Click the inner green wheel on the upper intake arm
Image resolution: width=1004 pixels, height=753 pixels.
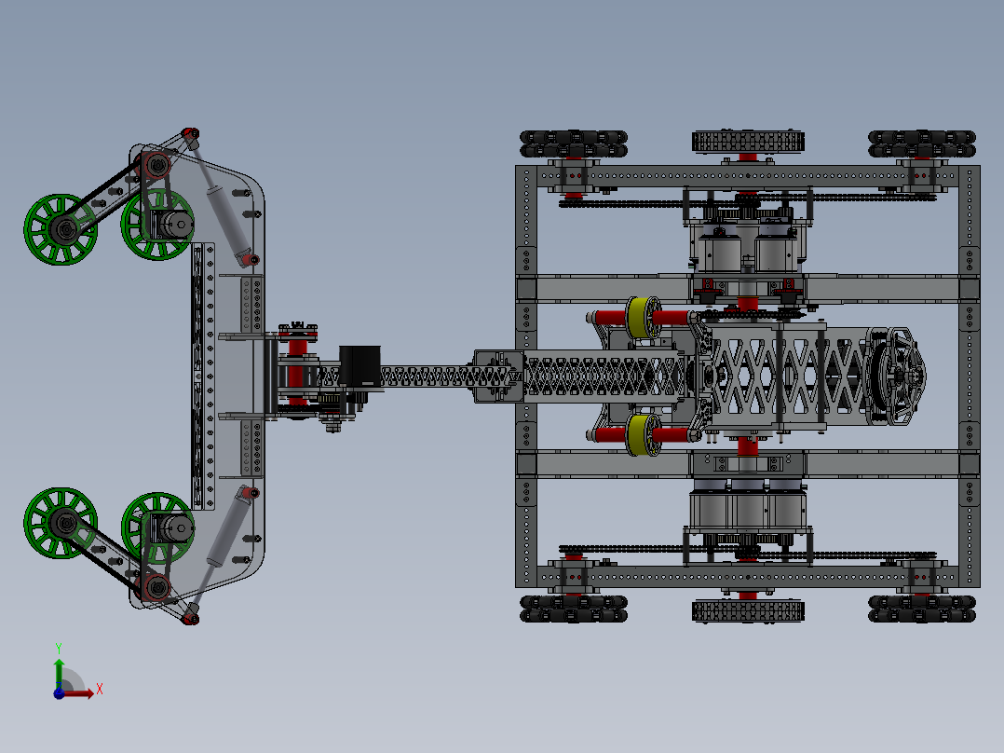(156, 226)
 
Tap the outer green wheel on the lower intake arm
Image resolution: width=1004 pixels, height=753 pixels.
(61, 523)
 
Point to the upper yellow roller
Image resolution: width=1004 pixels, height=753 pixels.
(640, 318)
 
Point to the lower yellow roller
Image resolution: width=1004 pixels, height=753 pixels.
(640, 435)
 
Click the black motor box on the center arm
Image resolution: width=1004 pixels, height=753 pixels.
(360, 367)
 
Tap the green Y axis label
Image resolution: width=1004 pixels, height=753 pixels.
(58, 647)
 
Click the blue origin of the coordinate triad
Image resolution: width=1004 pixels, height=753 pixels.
(59, 692)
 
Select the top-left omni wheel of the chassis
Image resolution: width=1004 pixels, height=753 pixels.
(574, 143)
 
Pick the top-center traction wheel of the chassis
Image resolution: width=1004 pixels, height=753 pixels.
(748, 142)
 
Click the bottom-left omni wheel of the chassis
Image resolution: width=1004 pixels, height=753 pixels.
(574, 609)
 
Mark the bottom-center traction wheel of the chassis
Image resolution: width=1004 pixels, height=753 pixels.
(748, 610)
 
